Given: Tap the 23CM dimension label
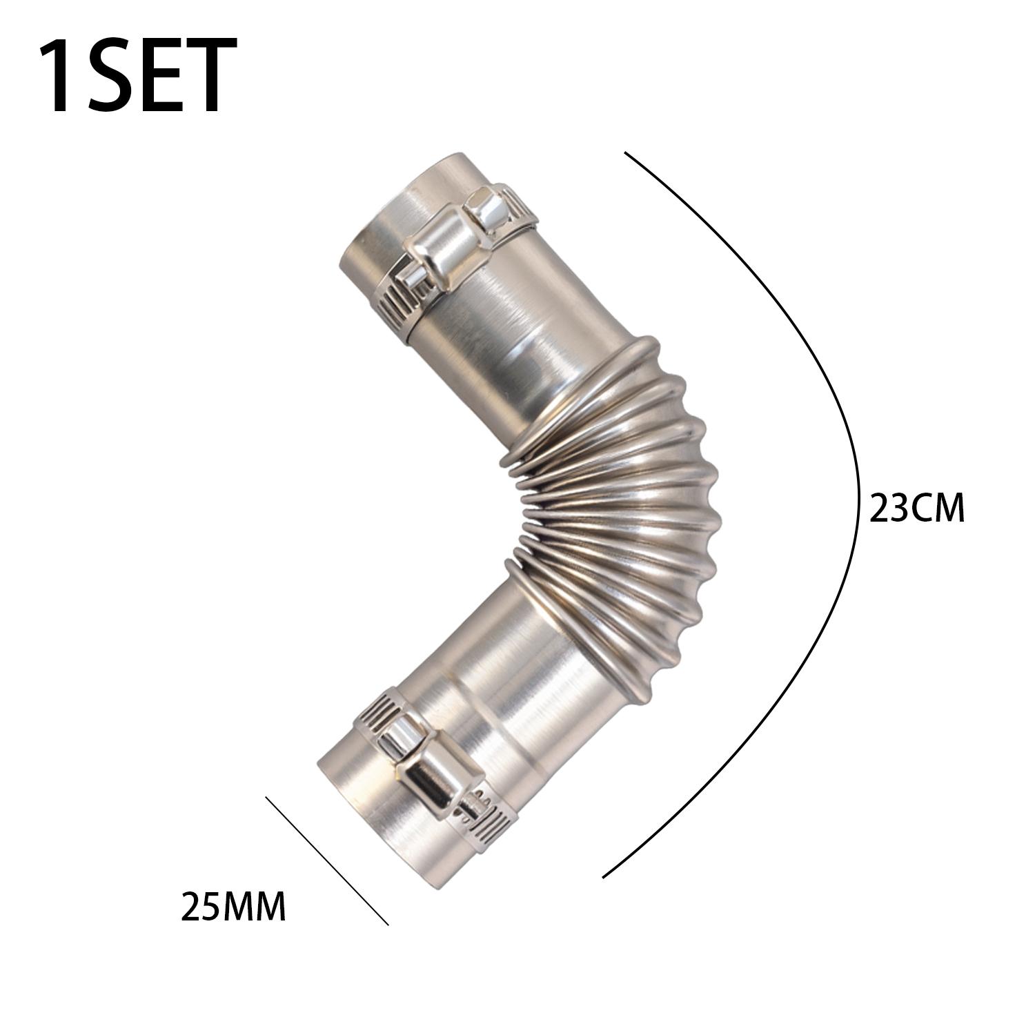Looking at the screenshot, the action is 917,509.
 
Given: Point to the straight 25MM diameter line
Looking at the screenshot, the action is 327,860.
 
